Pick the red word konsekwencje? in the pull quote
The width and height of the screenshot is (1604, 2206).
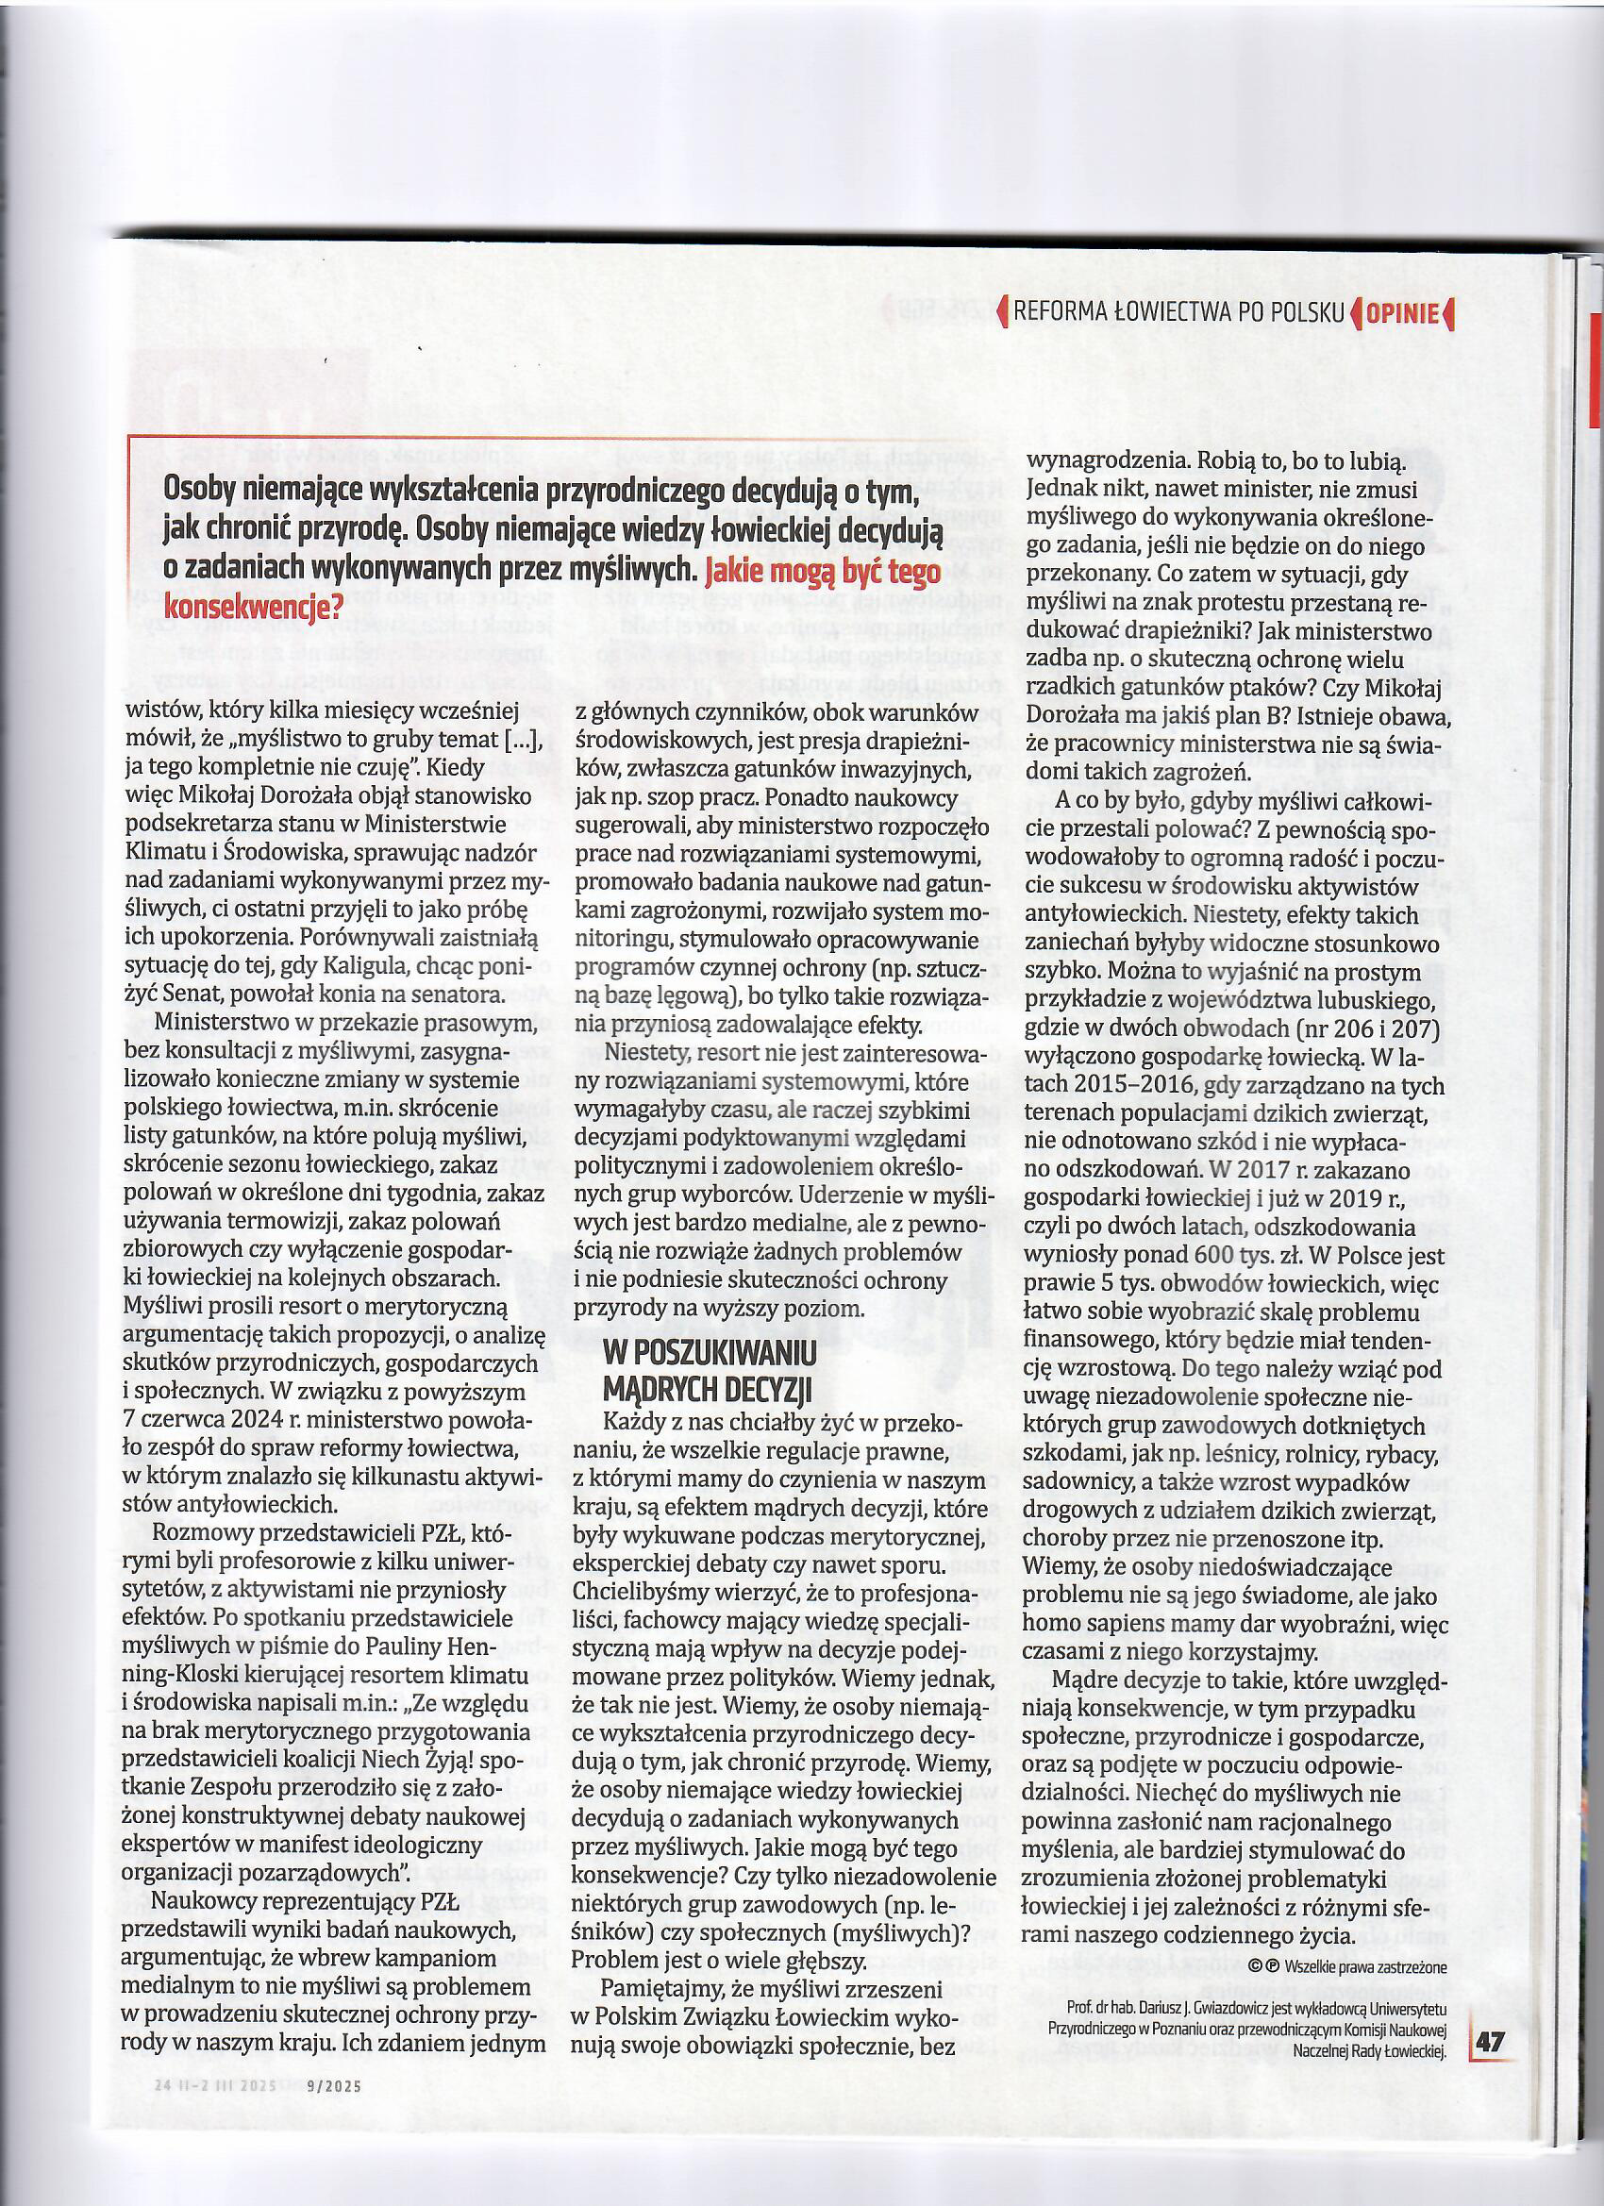tap(254, 607)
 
